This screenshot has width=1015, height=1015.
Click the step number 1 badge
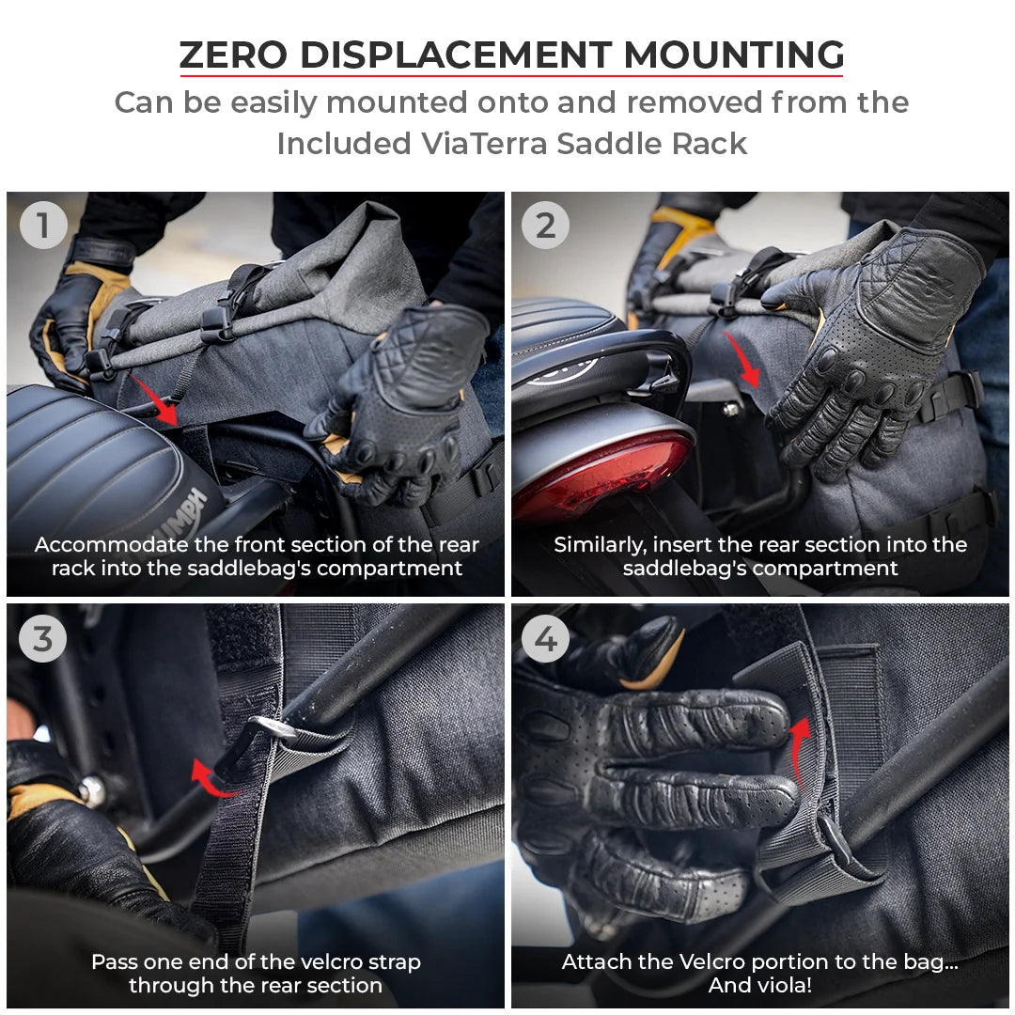coord(43,226)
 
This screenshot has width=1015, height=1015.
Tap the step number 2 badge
coord(545,226)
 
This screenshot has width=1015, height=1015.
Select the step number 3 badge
coord(43,639)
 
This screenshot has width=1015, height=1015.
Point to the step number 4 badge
coord(545,639)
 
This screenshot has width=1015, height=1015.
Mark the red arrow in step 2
coord(748,367)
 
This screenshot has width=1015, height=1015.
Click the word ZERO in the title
coord(232,55)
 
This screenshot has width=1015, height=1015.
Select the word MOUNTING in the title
coord(733,55)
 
